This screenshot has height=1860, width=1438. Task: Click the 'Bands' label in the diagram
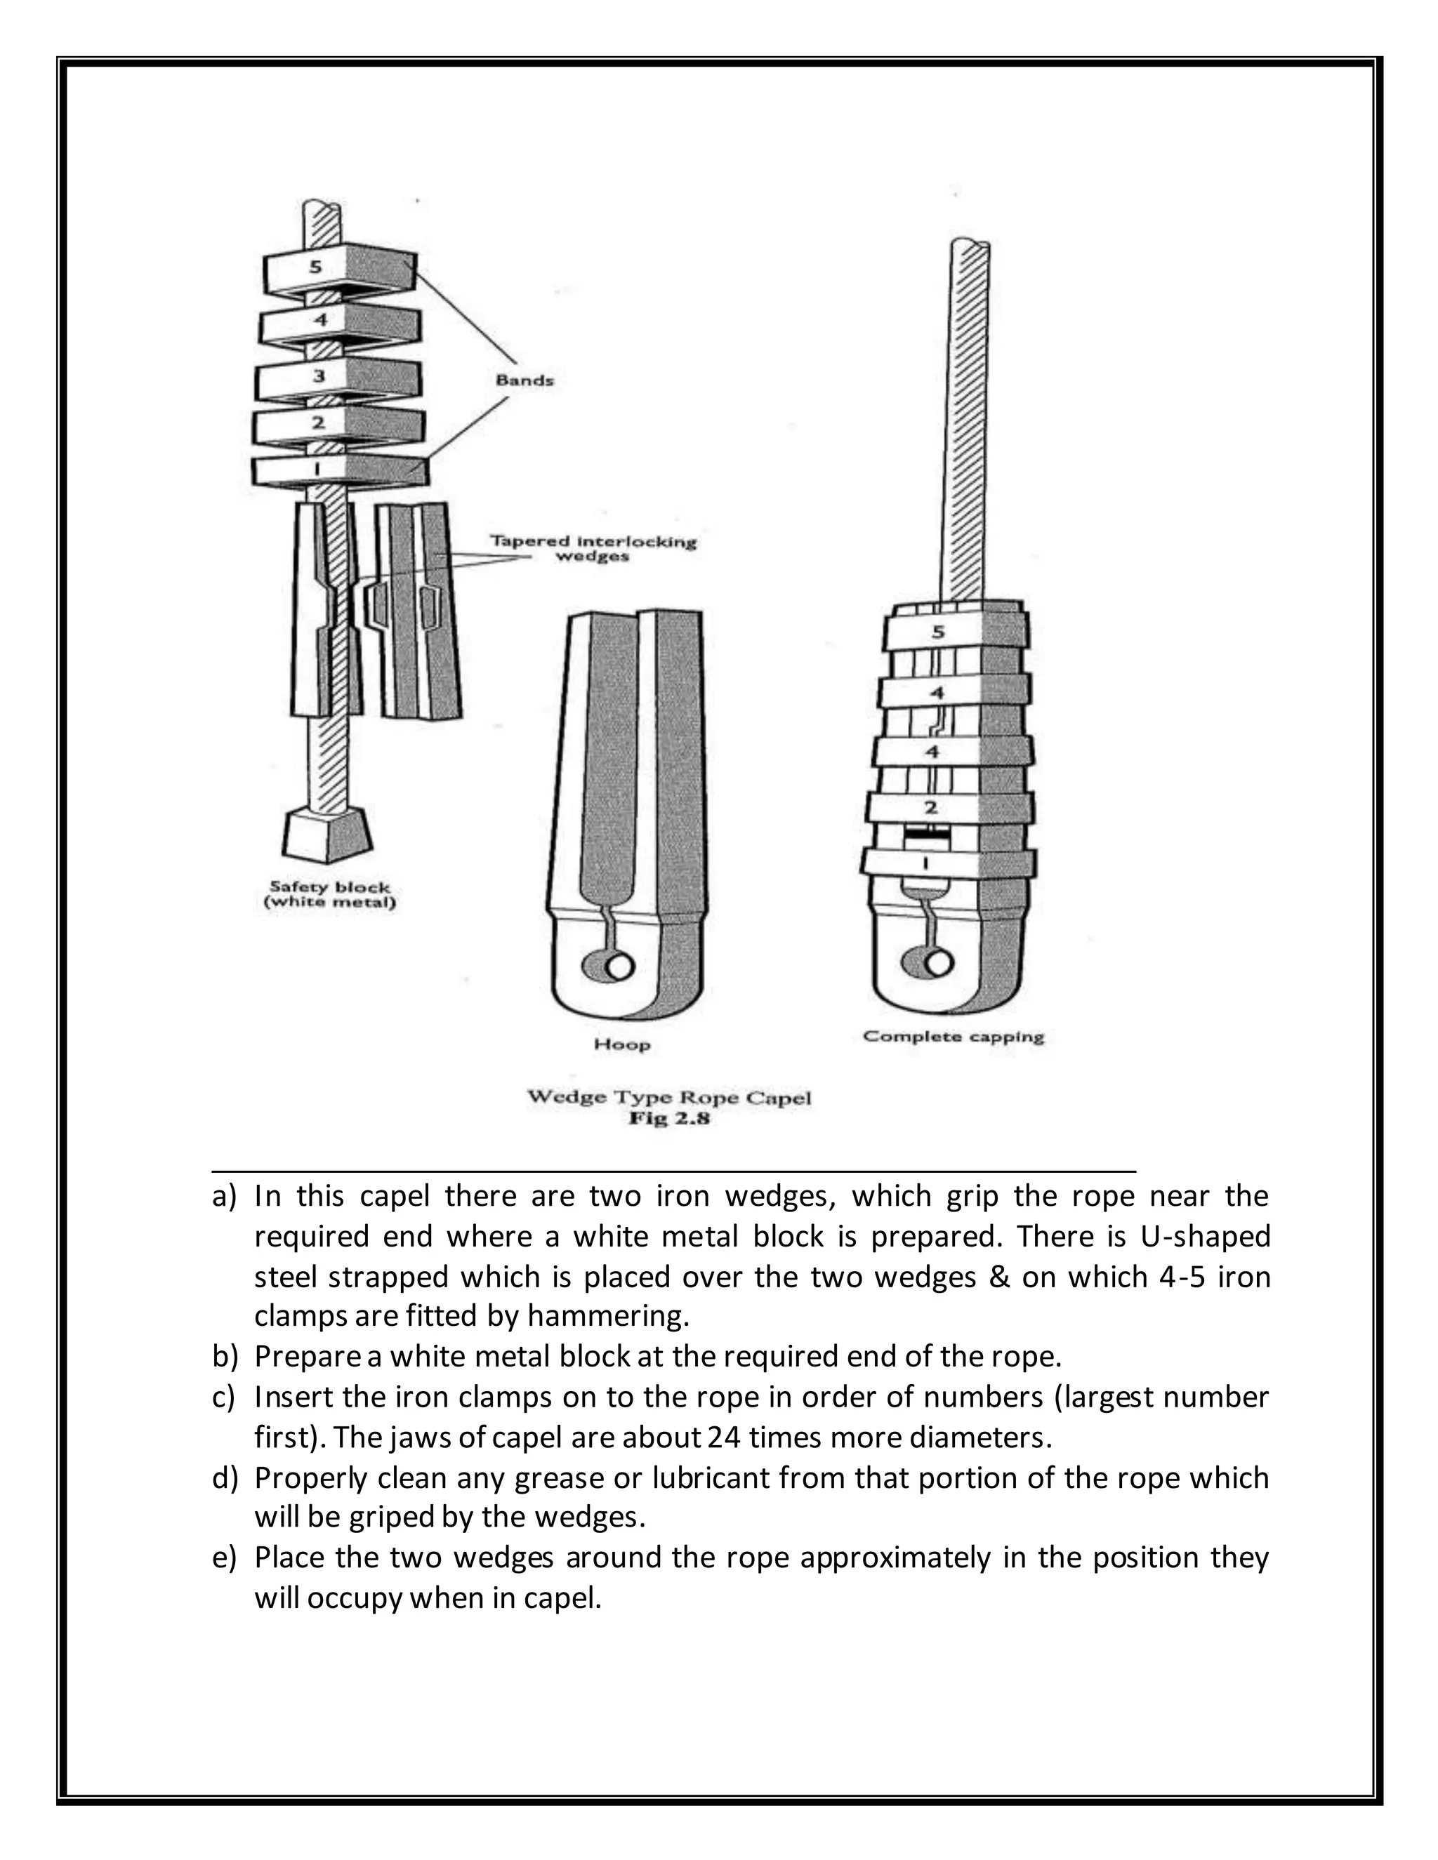[x=524, y=380]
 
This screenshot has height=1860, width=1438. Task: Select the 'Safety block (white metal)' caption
[x=330, y=894]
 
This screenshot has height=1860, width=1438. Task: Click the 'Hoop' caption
[x=622, y=1044]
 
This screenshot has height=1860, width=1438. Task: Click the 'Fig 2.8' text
[x=668, y=1118]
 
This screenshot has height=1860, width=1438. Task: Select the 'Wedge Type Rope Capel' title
[x=668, y=1097]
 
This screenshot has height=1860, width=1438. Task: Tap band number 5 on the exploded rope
[x=339, y=270]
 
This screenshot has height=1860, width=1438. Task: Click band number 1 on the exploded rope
[x=339, y=470]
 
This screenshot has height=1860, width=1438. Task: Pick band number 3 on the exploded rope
[x=339, y=378]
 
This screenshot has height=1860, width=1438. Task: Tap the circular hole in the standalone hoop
[x=619, y=966]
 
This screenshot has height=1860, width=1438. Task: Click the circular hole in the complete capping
[x=938, y=962]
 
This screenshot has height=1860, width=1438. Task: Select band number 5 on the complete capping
[x=954, y=632]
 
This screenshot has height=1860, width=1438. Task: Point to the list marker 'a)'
[x=224, y=1197]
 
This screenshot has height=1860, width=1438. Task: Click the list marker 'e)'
[x=224, y=1557]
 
